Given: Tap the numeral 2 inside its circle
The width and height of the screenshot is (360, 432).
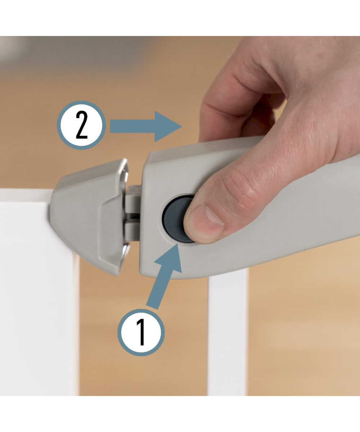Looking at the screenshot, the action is (x=82, y=125).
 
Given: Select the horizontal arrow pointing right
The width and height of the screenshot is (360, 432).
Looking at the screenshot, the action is (x=146, y=126).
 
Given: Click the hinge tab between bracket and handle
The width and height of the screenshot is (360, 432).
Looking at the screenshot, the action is (x=134, y=213).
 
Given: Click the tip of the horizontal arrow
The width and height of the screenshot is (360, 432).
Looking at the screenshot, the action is (x=182, y=126).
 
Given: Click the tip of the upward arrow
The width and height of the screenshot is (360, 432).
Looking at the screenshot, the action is (x=177, y=244).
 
